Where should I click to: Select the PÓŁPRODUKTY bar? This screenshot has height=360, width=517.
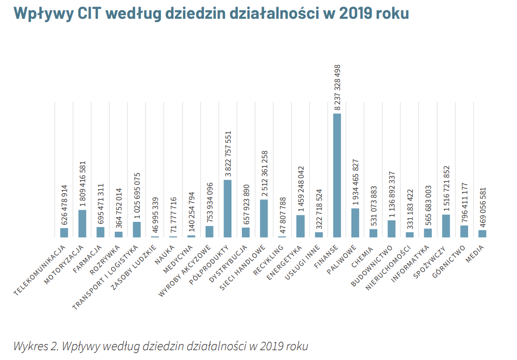pos(228,209)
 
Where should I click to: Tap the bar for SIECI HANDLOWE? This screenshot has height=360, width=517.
pos(264,219)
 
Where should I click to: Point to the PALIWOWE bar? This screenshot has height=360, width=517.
pos(355,223)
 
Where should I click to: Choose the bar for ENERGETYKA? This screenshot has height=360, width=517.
pos(300,226)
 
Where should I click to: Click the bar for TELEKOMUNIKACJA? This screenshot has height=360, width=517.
pos(64,233)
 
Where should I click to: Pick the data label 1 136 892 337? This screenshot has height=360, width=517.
pos(391,189)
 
